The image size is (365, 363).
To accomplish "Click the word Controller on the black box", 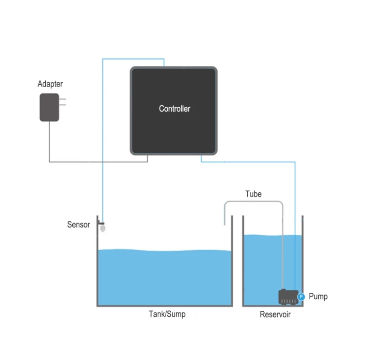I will (174, 109).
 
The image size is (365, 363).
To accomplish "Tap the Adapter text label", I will (50, 84).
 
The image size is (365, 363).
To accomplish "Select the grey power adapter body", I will (49, 107).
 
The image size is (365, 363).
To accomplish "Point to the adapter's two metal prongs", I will (63, 102).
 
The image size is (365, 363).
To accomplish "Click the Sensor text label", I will (78, 225).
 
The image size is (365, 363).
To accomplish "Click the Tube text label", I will (253, 194).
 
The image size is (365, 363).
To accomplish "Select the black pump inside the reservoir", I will (287, 297).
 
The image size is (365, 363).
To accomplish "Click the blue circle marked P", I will (301, 297).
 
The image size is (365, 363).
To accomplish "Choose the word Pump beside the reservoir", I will (318, 297).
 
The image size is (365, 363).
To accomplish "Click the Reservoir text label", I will (275, 315).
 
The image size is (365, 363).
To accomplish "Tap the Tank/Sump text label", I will (167, 314).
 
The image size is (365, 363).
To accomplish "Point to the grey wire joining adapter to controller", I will (98, 162).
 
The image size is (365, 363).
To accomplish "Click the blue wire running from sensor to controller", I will (103, 135).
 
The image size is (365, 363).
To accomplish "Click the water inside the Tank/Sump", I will (164, 278).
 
